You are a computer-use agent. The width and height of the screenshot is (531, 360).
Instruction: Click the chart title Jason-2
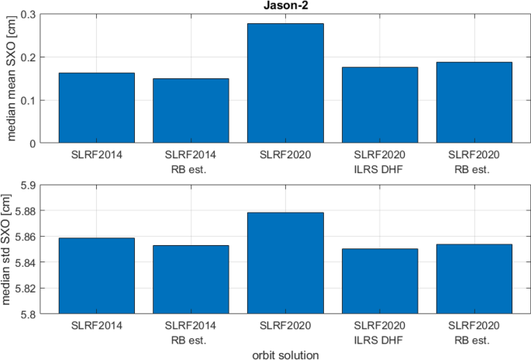click(x=285, y=6)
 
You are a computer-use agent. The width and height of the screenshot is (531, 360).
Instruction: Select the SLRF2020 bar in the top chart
click(x=285, y=84)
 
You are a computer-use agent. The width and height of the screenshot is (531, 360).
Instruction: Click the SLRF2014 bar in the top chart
click(x=97, y=108)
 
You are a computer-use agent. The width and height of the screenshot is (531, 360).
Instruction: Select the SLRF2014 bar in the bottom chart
click(x=97, y=276)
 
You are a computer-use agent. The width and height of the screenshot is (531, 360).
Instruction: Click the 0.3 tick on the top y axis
click(x=28, y=15)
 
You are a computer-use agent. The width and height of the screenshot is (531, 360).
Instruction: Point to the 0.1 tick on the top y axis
click(x=28, y=101)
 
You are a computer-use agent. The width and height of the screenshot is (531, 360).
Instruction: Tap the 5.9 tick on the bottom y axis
click(x=26, y=185)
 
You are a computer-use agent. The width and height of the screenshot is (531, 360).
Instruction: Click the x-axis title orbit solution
click(x=285, y=354)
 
